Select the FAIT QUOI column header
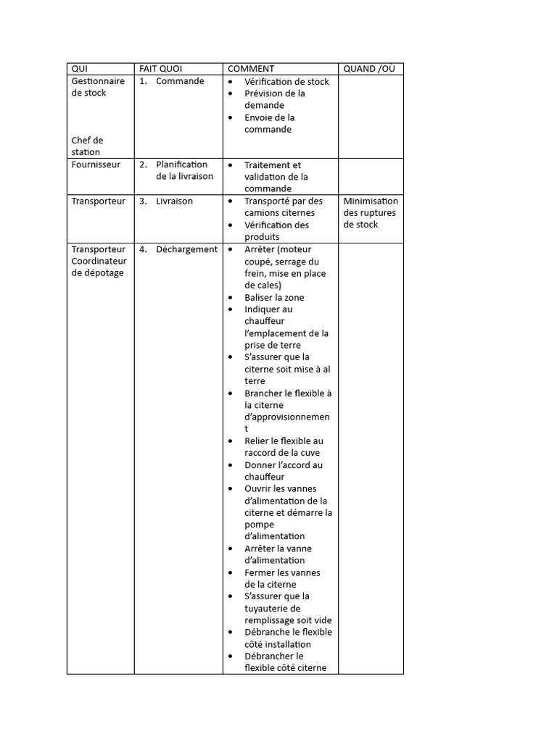pyautogui.click(x=160, y=69)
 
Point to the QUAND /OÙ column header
pyautogui.click(x=369, y=69)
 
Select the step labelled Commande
pyautogui.click(x=180, y=81)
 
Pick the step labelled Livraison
pyautogui.click(x=174, y=201)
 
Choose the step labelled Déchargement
pyautogui.click(x=186, y=249)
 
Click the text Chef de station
pyautogui.click(x=87, y=146)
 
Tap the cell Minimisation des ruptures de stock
pyautogui.click(x=371, y=213)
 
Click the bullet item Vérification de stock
pyautogui.click(x=286, y=82)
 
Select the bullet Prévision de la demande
pyautogui.click(x=274, y=99)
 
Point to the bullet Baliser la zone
pyautogui.click(x=274, y=298)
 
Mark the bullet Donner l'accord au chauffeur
pyautogui.click(x=284, y=471)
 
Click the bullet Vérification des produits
pyautogui.click(x=276, y=231)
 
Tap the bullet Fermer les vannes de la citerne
pyautogui.click(x=282, y=578)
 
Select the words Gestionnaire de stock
pyautogui.click(x=98, y=87)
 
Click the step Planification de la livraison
pyautogui.click(x=184, y=170)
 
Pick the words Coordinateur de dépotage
pyautogui.click(x=99, y=267)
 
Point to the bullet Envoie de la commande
pyautogui.click(x=269, y=123)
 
